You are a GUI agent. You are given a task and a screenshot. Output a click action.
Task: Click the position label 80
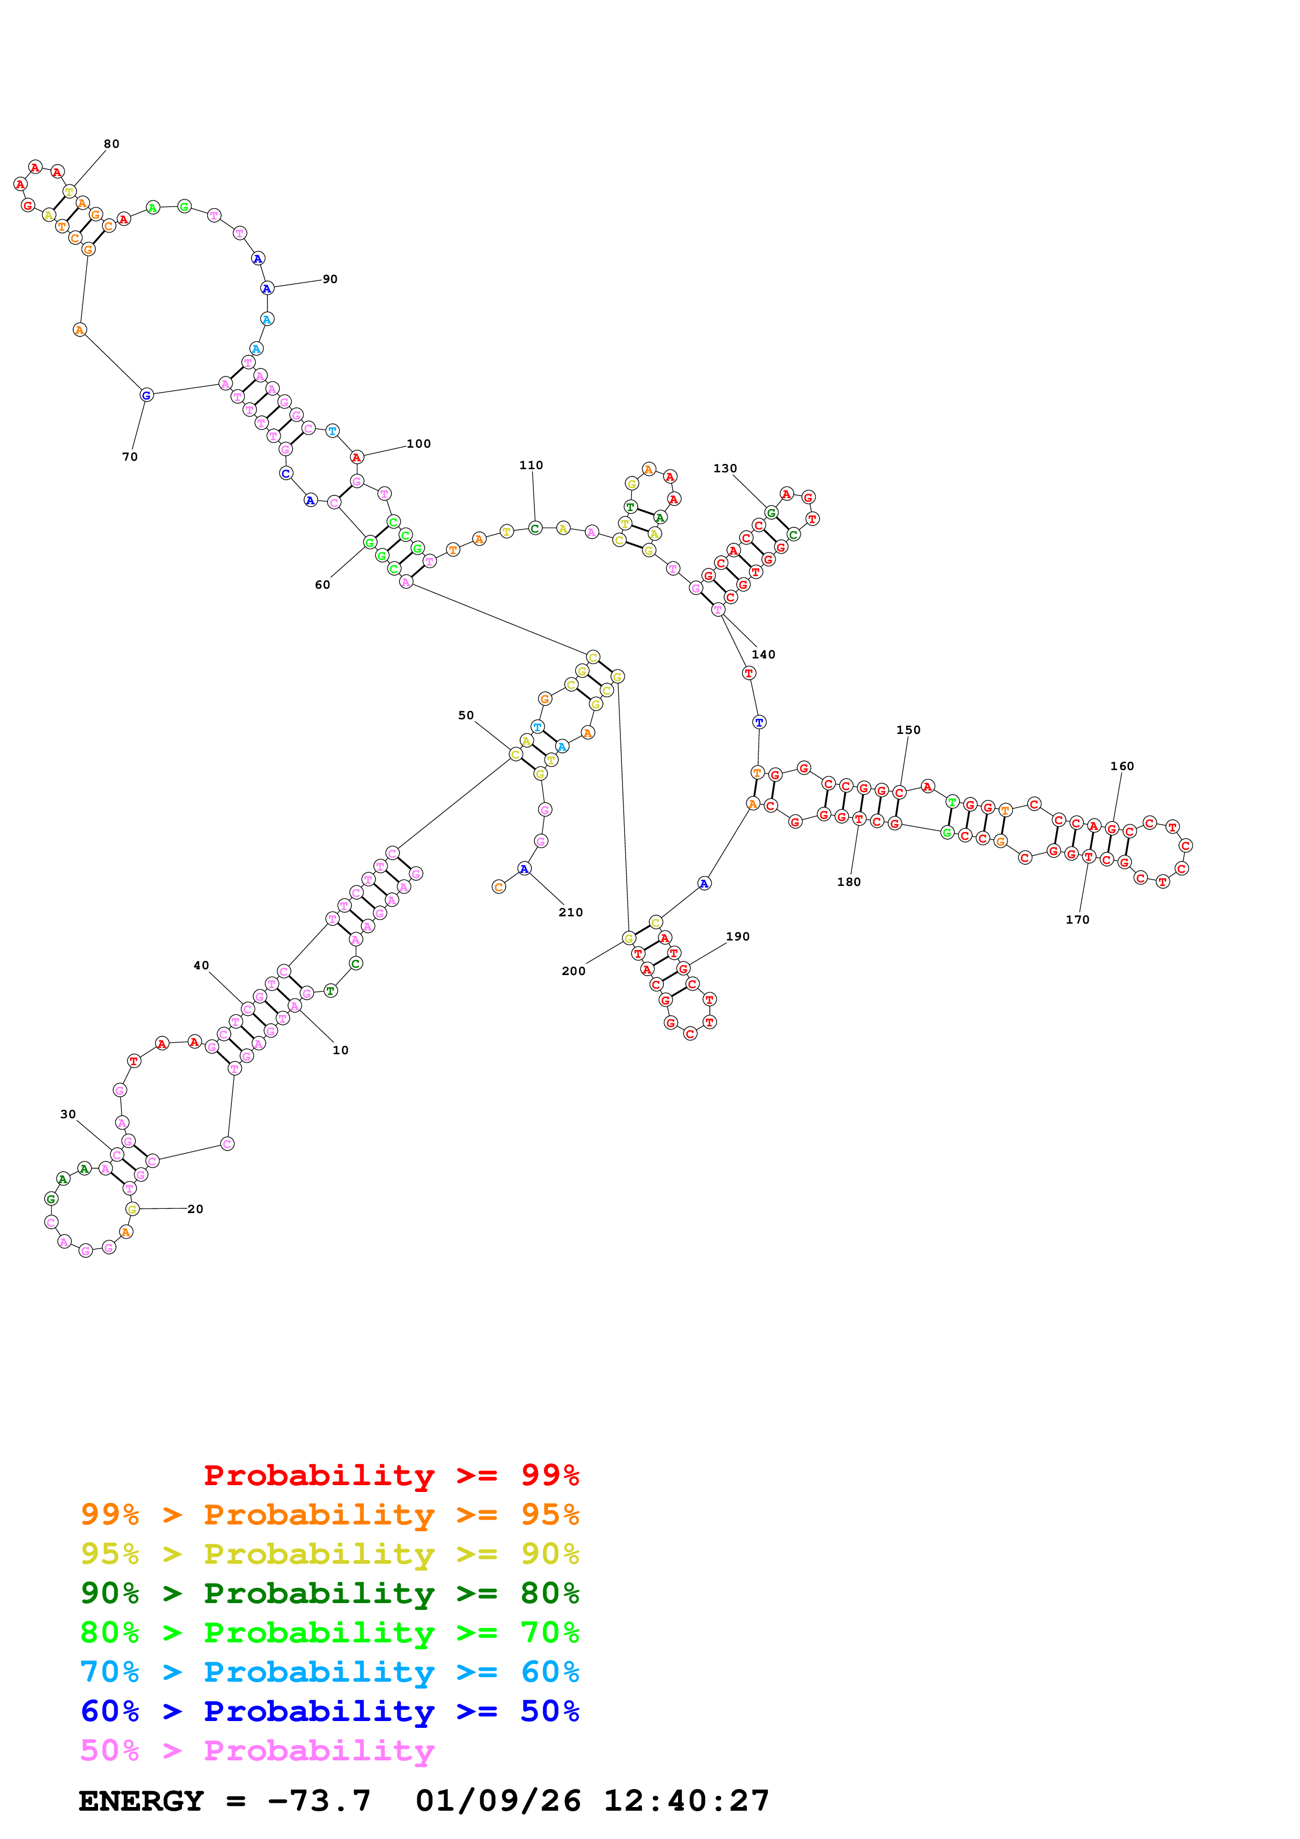[111, 144]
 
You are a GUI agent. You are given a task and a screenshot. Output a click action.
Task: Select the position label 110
[531, 466]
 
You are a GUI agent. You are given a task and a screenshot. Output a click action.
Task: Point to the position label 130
[725, 469]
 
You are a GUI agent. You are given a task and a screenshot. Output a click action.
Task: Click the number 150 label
[908, 730]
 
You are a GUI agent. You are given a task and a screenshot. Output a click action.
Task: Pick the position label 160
[1122, 766]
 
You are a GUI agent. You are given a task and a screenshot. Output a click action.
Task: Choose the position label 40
[201, 966]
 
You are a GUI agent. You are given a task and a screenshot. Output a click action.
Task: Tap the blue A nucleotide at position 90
[267, 288]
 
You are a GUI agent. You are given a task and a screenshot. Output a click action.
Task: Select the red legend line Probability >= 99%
[391, 1475]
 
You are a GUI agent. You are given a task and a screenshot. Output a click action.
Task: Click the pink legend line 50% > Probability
[257, 1751]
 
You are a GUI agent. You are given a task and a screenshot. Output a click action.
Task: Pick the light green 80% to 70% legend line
[329, 1632]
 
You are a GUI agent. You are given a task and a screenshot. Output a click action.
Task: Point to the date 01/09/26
[498, 1801]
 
